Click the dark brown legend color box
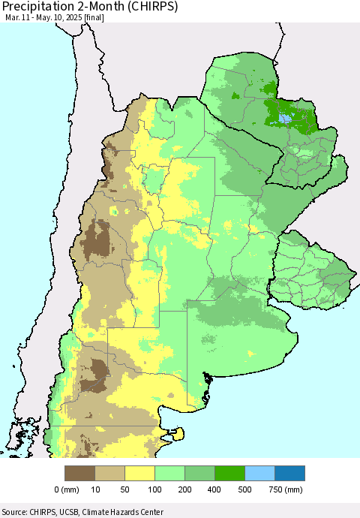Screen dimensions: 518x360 click(80, 473)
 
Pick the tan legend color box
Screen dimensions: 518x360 click(110, 473)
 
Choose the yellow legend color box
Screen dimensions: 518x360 click(140, 473)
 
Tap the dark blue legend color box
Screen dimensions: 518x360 click(290, 473)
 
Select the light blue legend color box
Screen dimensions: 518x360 click(260, 473)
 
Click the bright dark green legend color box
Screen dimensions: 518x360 click(230, 473)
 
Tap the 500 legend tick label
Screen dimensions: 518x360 click(245, 489)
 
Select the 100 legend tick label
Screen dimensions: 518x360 click(155, 489)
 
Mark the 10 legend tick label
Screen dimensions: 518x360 click(95, 489)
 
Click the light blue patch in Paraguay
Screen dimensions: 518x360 click(285, 116)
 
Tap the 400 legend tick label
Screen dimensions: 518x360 click(215, 489)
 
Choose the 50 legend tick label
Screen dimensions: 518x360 click(125, 489)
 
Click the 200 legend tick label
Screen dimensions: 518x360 click(185, 489)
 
